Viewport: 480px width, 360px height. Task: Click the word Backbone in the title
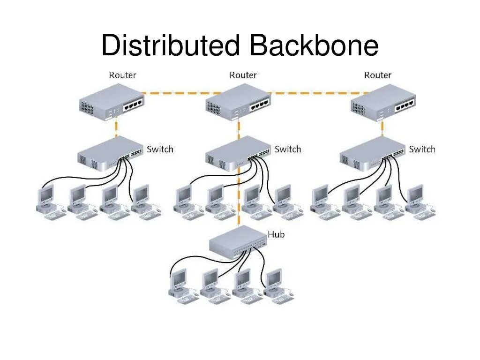(x=314, y=45)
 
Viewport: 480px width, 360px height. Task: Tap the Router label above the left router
(x=122, y=75)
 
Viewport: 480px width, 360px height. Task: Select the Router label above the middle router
(x=243, y=75)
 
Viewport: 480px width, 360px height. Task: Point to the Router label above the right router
(x=377, y=75)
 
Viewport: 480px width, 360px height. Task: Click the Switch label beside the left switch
(x=160, y=149)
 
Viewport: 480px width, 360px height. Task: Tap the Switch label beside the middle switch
(x=287, y=149)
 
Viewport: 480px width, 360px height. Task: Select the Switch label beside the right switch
(x=422, y=149)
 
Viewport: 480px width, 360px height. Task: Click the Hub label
(x=276, y=234)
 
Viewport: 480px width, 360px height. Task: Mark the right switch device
(x=372, y=154)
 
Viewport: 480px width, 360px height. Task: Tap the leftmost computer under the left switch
(x=48, y=202)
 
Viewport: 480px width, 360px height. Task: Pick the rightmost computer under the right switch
(x=418, y=202)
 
